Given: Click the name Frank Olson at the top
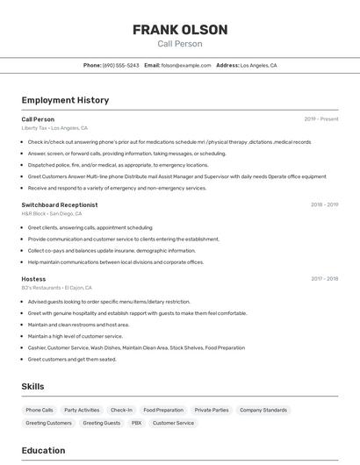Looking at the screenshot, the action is coord(180,30).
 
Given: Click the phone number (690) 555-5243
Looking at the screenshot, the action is coord(121,65).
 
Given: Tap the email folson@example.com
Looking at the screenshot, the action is coord(186,65).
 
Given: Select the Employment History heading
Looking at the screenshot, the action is coord(65,100).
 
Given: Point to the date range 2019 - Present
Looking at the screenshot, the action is coord(321,119).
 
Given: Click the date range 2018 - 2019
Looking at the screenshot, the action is coord(324,204).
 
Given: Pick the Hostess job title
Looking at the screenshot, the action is coord(33,279).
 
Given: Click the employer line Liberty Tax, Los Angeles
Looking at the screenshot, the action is coord(55,128).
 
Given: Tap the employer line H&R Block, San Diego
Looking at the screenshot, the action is coord(52,213).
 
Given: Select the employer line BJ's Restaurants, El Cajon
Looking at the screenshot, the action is coord(56,288).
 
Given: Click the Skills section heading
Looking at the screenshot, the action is coord(33,386).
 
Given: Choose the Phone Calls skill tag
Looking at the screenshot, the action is coord(40,410).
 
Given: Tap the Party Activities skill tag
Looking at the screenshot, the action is coord(82,410).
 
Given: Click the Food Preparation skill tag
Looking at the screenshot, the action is coord(163,410).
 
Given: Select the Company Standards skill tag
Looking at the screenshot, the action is coord(263,410).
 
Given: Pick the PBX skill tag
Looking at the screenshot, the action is coord(136,423).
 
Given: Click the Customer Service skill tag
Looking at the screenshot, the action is coord(173,423).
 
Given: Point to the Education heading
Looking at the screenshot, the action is coord(43,450).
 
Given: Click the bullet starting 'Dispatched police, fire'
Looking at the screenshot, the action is coord(118,165).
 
